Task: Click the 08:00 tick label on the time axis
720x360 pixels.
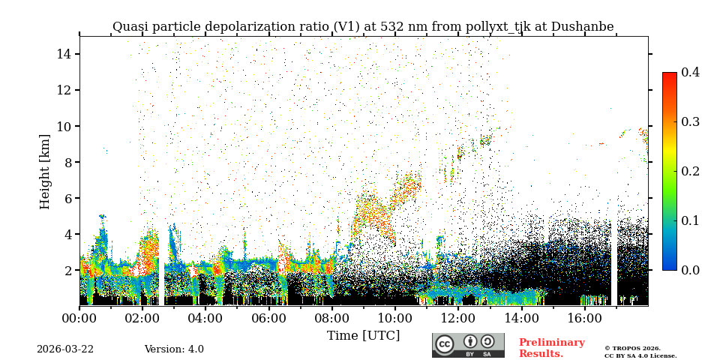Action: (332, 318)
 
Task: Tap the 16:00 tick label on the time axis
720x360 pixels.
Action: (585, 318)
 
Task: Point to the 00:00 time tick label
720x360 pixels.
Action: (79, 318)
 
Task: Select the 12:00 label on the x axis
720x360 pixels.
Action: (458, 318)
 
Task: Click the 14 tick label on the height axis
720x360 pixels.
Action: (63, 54)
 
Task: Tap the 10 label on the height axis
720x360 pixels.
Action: (63, 126)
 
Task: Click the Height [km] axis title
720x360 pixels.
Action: (45, 171)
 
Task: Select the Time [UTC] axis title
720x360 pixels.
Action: (363, 335)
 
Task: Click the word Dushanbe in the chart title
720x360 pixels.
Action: (582, 27)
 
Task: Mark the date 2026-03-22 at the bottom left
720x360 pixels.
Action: (65, 349)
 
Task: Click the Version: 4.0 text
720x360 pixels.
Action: (174, 349)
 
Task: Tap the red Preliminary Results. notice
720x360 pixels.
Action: (551, 348)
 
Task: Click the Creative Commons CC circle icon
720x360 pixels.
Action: (445, 344)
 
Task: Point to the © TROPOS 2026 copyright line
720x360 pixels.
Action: (632, 348)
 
